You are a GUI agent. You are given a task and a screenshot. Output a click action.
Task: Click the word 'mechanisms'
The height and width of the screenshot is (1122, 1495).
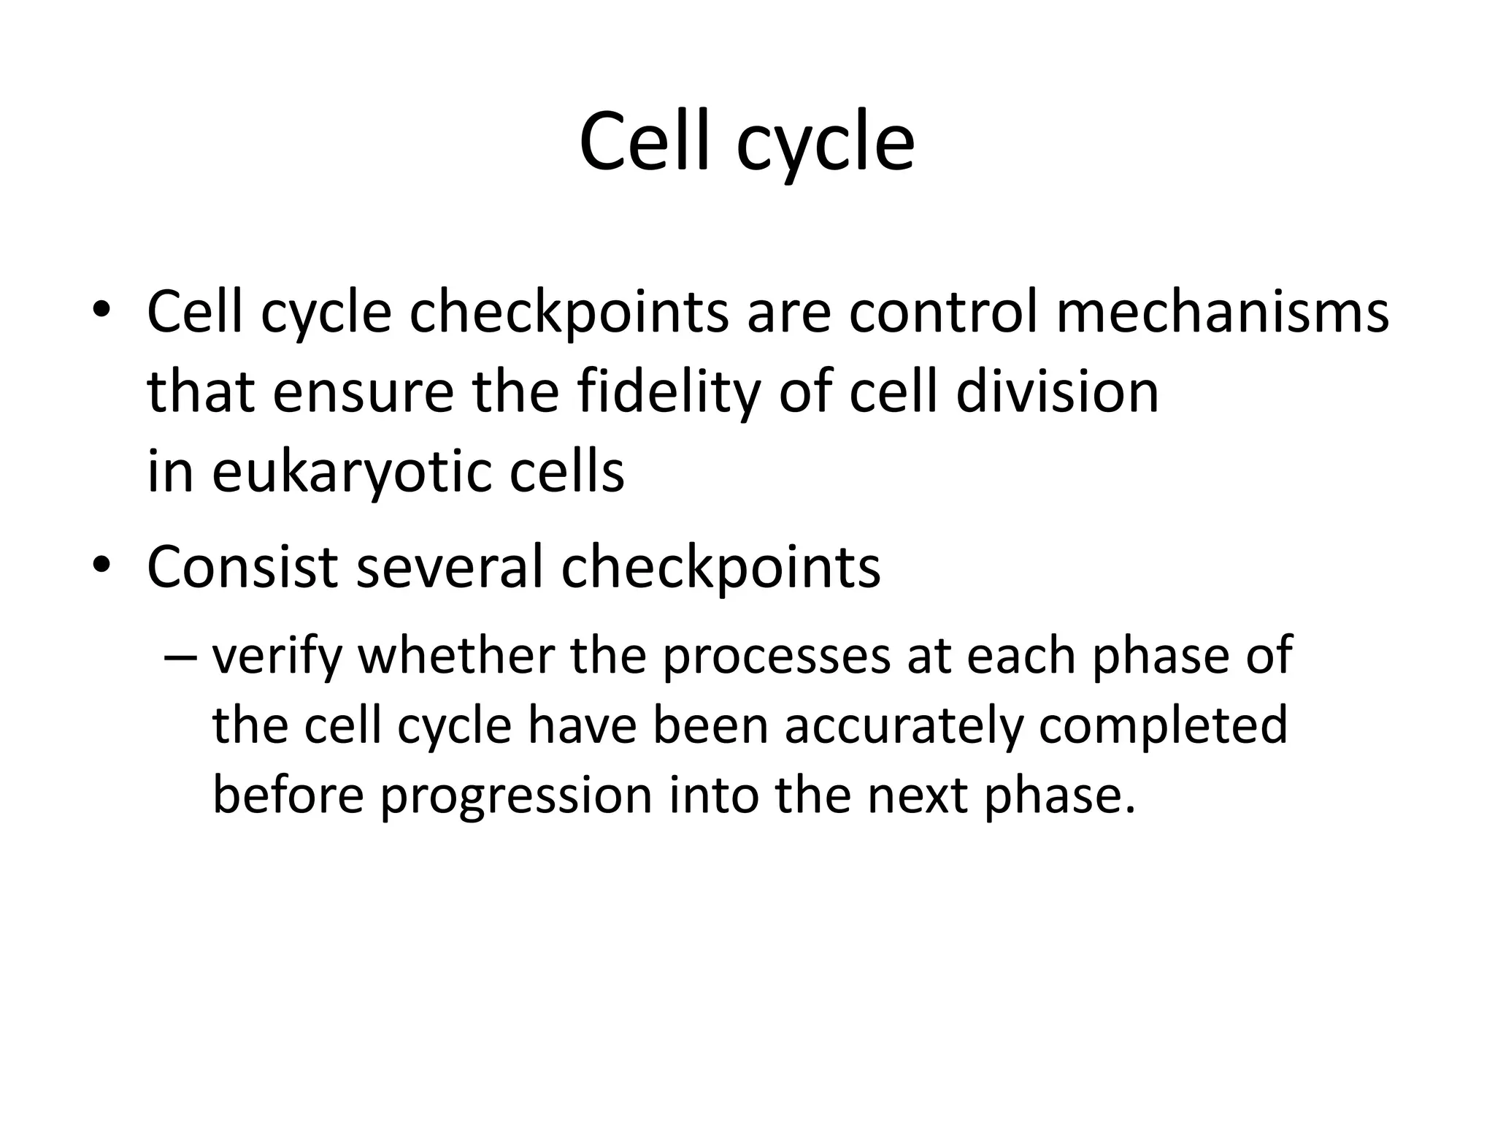pyautogui.click(x=1222, y=313)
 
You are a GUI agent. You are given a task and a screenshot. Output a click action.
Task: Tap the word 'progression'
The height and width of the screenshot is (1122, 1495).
pyautogui.click(x=515, y=796)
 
